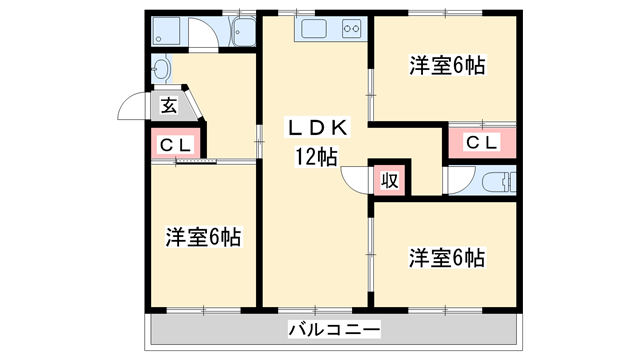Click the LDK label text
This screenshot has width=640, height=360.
point(317,128)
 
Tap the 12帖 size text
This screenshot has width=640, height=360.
point(315,156)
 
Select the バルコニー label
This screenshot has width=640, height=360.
point(334,328)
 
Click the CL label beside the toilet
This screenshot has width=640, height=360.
point(481,142)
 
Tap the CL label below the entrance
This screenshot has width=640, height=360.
point(176,144)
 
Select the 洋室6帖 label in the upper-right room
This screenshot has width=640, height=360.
point(447,66)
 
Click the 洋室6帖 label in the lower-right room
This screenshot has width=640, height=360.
point(446,258)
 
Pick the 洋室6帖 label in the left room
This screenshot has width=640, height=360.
point(203,237)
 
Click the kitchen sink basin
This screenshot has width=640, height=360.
point(311,29)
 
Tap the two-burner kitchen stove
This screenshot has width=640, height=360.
point(350,29)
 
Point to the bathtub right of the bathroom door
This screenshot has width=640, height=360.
point(242,33)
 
